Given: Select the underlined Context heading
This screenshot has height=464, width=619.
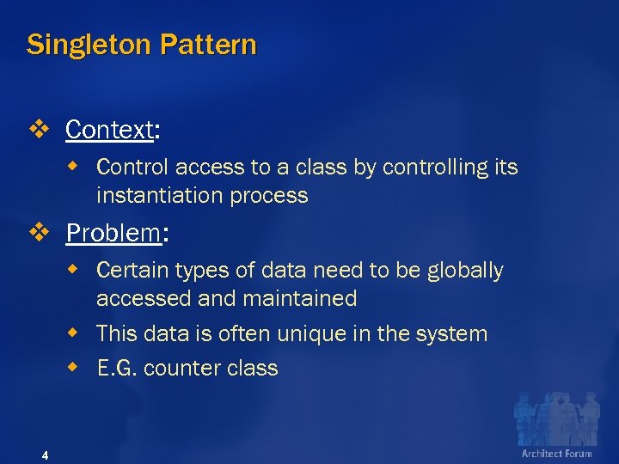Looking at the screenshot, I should click(x=109, y=131).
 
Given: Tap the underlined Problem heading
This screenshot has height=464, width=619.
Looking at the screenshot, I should click(x=113, y=233).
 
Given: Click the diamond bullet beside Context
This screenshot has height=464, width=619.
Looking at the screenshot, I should click(x=40, y=131).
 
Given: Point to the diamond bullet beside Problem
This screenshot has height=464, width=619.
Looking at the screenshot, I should click(x=40, y=233).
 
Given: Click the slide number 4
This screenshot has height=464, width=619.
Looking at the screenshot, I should click(x=45, y=455).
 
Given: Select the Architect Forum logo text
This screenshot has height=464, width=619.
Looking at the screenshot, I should click(x=556, y=453).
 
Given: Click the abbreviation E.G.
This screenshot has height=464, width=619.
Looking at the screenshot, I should click(x=117, y=369).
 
